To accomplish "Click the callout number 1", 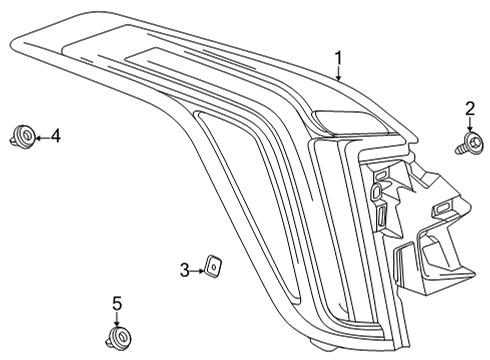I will click(x=338, y=58).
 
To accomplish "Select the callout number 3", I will click(x=184, y=269).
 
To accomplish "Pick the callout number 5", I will click(x=116, y=303).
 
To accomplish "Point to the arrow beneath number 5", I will click(x=116, y=317).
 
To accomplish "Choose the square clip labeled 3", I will click(x=213, y=265).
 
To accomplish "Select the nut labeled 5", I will click(x=117, y=336).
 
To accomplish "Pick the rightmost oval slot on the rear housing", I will click(x=441, y=207).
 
